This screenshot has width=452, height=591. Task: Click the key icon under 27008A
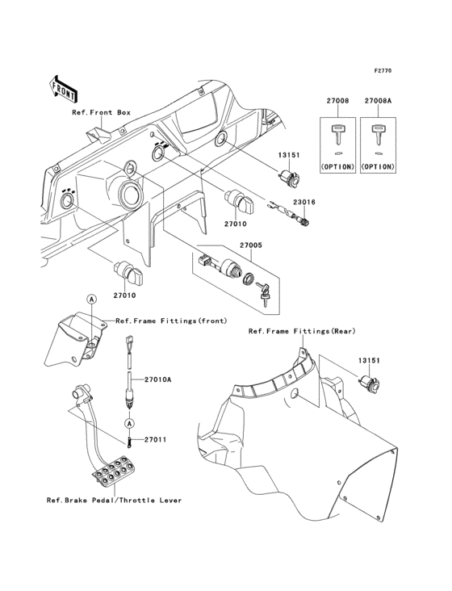pos(377,132)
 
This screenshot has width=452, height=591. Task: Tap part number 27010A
pos(159,379)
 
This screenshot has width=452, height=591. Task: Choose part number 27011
pos(155,440)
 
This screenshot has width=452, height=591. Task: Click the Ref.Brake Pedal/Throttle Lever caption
pos(114,500)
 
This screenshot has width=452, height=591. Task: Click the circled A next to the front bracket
pos(92,300)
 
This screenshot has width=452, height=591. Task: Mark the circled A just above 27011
pos(128,422)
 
